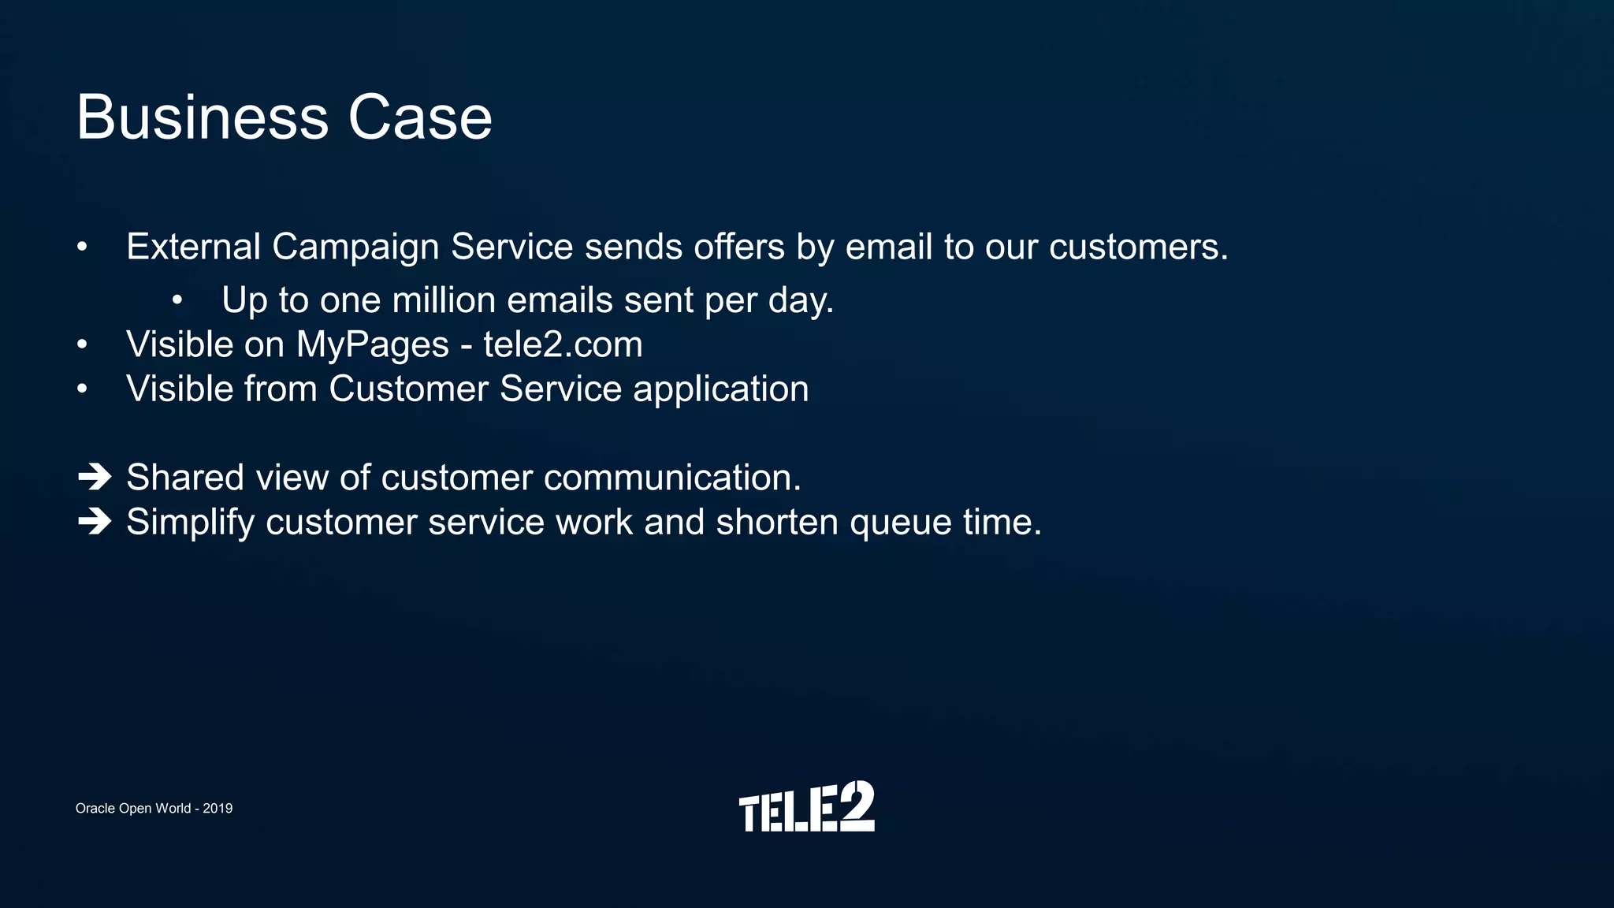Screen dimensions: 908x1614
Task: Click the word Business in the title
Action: click(x=202, y=118)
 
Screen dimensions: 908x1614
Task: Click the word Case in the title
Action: click(x=420, y=118)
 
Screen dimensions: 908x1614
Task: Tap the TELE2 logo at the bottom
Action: click(x=806, y=807)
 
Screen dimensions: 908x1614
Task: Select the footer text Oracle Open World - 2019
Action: click(x=154, y=809)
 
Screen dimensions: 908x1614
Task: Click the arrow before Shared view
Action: click(x=95, y=477)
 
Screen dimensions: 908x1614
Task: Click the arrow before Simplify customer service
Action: click(x=95, y=521)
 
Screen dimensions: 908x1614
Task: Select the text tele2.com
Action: click(x=563, y=344)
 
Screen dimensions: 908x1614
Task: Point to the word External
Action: click(x=193, y=247)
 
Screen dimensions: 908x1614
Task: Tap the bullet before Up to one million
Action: click(x=177, y=300)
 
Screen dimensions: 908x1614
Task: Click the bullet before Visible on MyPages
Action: click(x=82, y=344)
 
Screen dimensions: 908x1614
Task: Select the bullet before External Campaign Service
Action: click(x=82, y=247)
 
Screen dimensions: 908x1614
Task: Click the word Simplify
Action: click(x=190, y=523)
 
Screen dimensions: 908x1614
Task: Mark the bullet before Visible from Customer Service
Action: click(x=82, y=389)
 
